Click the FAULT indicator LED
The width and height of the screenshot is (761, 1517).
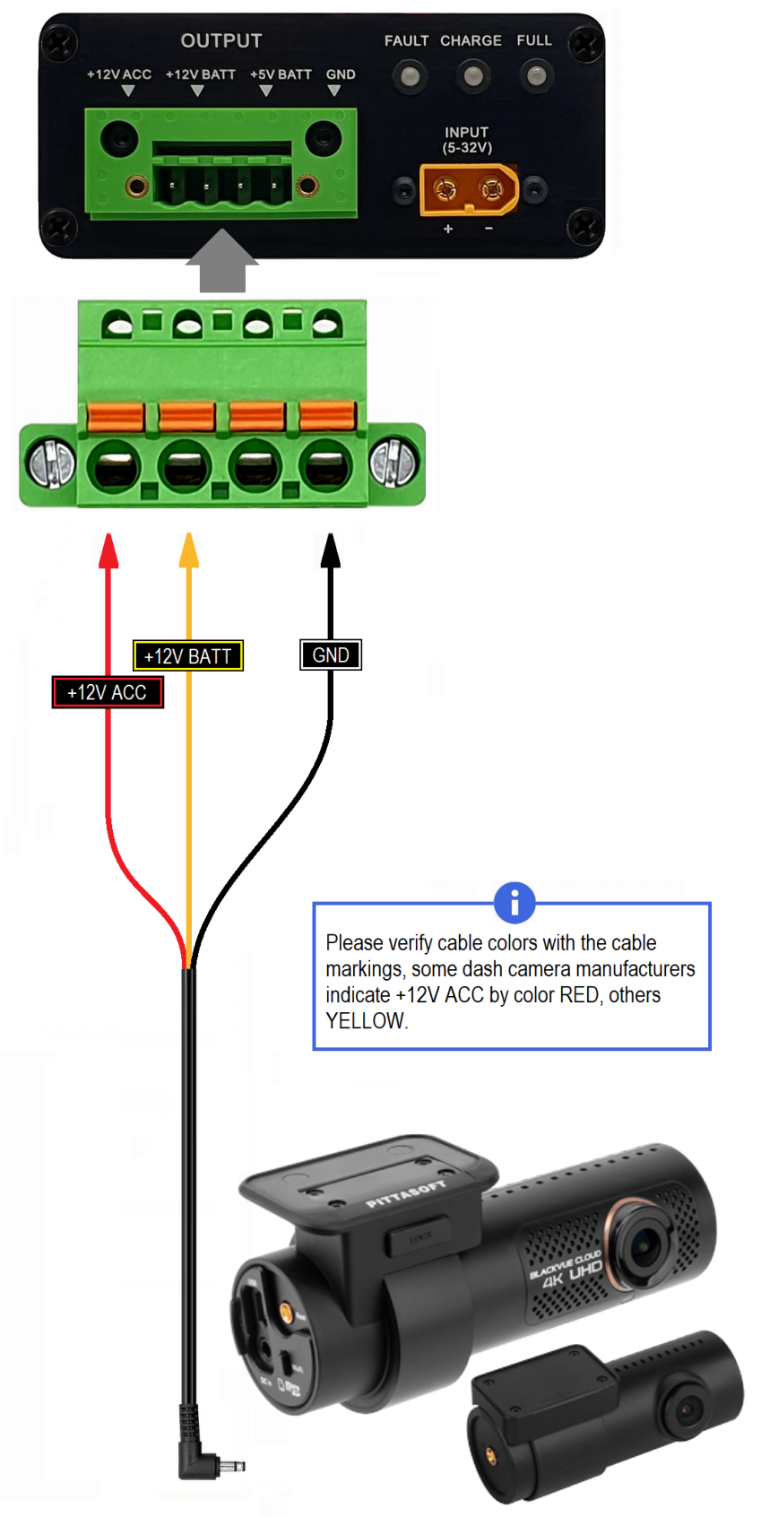[x=409, y=76]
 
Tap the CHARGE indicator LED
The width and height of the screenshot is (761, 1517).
[x=472, y=76]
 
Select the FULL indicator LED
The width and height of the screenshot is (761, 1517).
[x=535, y=76]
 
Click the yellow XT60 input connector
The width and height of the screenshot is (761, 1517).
[x=469, y=189]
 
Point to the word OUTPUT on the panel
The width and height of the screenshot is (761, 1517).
[x=221, y=41]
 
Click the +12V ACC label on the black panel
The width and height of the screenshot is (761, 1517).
[x=119, y=74]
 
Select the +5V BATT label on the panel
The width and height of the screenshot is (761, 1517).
[x=281, y=74]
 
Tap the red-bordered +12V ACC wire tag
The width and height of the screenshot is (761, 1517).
[x=108, y=692]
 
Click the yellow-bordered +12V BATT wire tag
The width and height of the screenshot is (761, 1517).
[x=187, y=656]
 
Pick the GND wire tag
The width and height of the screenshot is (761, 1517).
[x=331, y=655]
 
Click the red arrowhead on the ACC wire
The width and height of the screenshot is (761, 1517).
[x=108, y=550]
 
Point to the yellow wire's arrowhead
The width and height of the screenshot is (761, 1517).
[x=188, y=550]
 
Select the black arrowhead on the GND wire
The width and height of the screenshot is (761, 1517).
[x=331, y=550]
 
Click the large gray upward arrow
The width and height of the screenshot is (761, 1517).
[x=221, y=261]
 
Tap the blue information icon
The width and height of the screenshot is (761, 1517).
[x=515, y=903]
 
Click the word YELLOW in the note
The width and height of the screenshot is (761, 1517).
[x=366, y=1021]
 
